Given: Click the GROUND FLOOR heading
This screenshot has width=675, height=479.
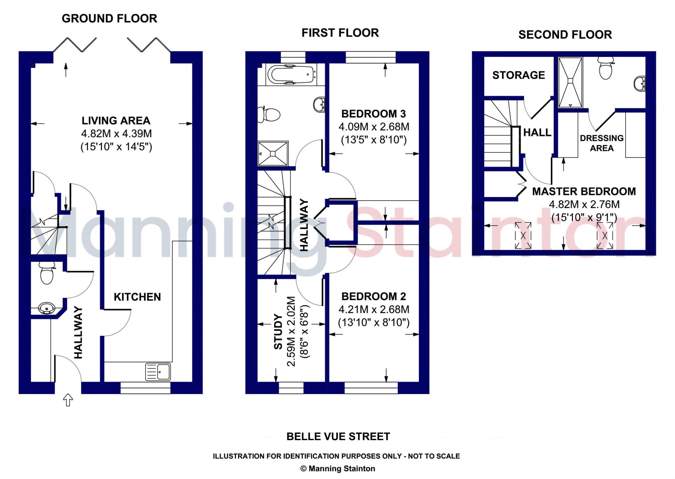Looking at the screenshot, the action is coord(109,18).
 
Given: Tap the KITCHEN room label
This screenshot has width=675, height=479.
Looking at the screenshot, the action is coord(137,297).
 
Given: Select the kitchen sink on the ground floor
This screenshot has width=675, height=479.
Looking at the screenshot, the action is coord(158,371).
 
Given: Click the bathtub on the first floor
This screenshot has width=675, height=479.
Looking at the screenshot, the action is coord(291,75).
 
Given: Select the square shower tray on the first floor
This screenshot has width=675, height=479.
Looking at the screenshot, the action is coord(273,154).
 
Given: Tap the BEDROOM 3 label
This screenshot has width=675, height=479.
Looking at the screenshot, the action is coord(373,114).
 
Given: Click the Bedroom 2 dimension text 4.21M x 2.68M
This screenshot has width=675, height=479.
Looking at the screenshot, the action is coord(374,309).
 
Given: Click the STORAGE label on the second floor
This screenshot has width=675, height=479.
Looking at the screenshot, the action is coord(519,75).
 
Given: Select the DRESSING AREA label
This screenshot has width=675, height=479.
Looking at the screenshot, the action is coord(602,143).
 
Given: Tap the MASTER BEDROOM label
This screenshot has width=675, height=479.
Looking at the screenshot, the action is coord(584,191).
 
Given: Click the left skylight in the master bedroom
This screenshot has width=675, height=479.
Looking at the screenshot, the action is coord(523,236).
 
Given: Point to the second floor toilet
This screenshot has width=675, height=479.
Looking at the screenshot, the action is coord(606,68).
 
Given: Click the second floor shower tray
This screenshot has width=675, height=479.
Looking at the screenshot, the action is coord(571,82).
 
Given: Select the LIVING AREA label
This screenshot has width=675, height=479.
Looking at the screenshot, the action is coord(116,121).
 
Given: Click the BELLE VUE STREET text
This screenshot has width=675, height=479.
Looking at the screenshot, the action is coord(338,437).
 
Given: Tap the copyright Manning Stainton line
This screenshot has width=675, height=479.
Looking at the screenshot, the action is coord(338,468).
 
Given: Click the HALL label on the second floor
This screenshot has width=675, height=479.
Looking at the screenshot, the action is coord(537,132).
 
